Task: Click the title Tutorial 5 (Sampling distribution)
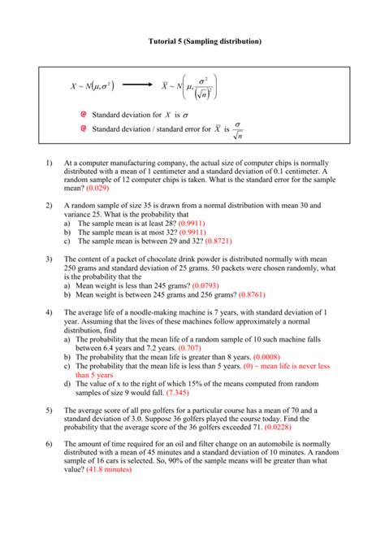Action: pos(192,41)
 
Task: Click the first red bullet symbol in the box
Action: pos(83,116)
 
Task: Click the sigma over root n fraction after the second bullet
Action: pos(237,129)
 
